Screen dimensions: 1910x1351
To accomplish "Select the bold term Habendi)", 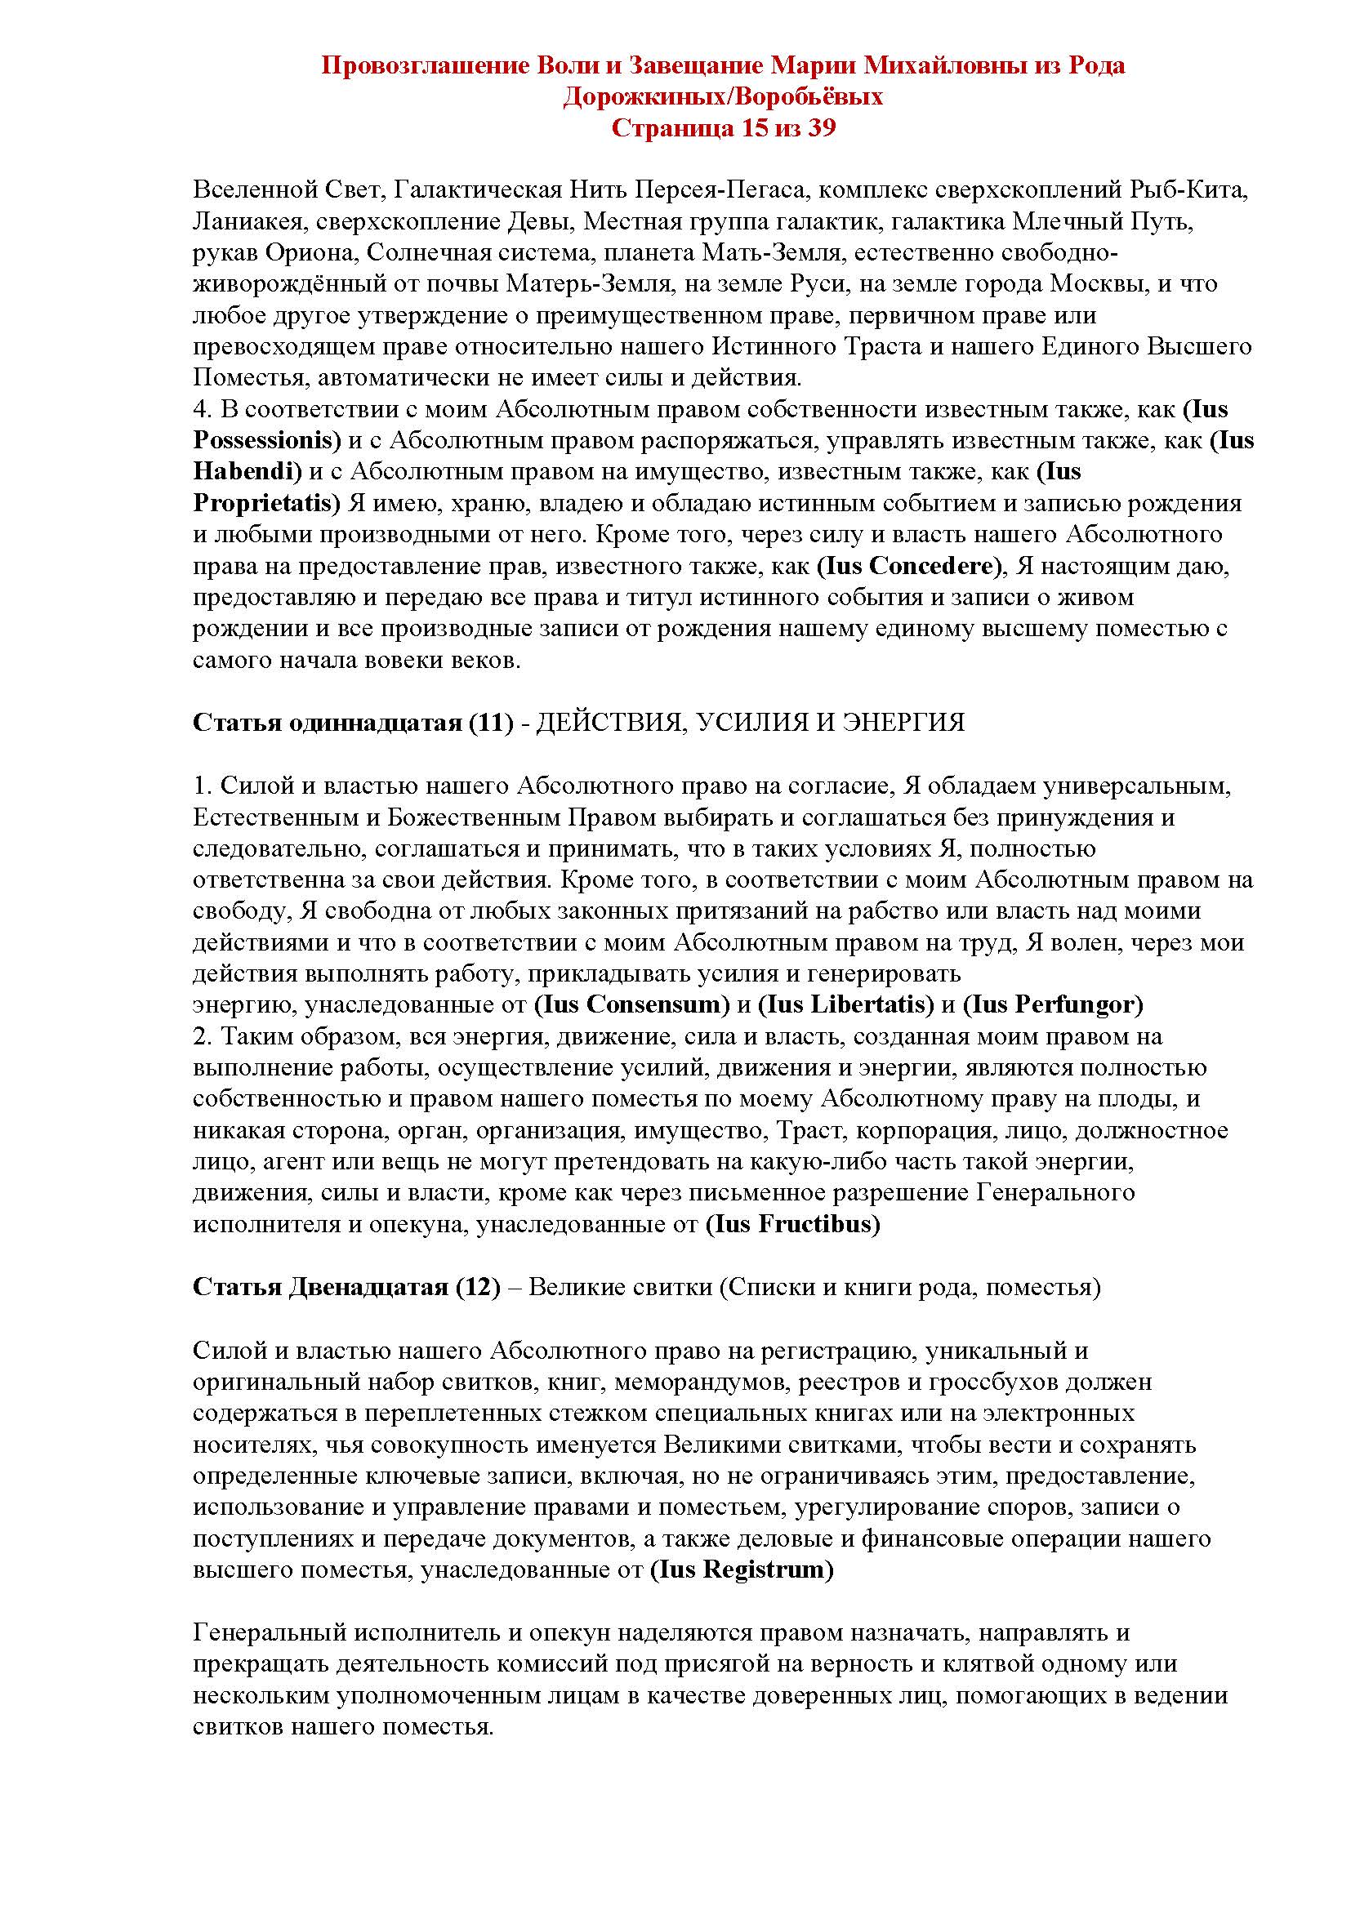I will (246, 471).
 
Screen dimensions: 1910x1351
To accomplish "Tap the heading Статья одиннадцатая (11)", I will (353, 722).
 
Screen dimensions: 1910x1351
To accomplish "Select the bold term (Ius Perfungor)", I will (1052, 1004).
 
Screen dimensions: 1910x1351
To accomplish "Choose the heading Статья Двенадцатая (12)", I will (346, 1287).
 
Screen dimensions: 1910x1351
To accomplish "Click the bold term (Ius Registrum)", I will (741, 1569).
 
